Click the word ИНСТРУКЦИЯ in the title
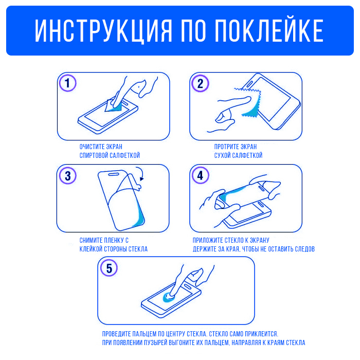[x=103, y=31]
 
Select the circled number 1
[x=67, y=83]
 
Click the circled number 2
[x=200, y=83]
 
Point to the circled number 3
[x=68, y=176]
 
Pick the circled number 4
[x=200, y=175]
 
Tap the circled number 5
[x=109, y=268]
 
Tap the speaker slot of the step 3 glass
[x=114, y=174]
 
